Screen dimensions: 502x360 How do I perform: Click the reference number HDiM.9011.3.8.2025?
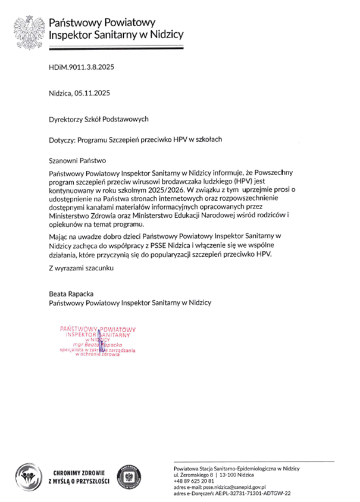(x=81, y=67)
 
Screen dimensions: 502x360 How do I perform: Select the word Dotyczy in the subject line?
(x=62, y=141)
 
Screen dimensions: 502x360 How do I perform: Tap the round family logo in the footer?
(x=28, y=476)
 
